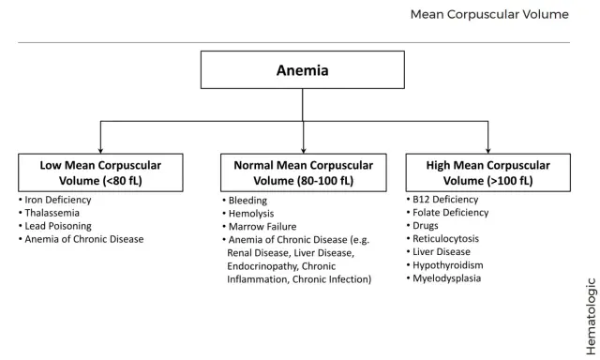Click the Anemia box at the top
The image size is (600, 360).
(302, 70)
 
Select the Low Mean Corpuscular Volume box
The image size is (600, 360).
(100, 172)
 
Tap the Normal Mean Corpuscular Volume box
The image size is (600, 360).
(304, 172)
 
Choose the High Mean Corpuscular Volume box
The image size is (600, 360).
(487, 172)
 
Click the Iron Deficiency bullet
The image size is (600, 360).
(54, 200)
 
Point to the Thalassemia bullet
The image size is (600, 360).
(49, 213)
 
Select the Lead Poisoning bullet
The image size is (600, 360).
(54, 226)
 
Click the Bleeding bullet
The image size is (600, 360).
(245, 201)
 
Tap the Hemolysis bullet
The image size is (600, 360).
(247, 214)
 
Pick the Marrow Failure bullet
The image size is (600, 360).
(259, 227)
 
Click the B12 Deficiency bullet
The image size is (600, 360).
(442, 200)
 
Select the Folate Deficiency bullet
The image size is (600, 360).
(447, 213)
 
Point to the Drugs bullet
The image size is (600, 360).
(422, 226)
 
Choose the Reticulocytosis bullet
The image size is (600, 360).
(442, 239)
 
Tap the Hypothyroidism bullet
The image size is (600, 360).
(444, 265)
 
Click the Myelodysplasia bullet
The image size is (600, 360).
(443, 278)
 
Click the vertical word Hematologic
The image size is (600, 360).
(592, 316)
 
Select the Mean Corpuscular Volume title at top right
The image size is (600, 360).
(489, 15)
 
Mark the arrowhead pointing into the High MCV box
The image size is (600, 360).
(487, 151)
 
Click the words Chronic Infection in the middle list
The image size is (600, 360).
(332, 279)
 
